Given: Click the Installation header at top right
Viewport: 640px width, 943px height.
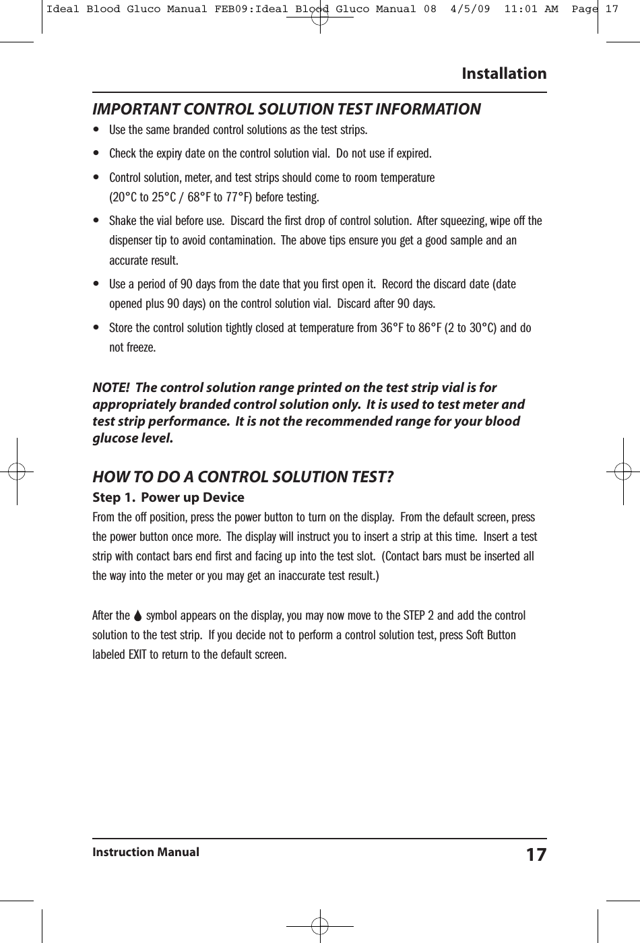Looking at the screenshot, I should pyautogui.click(x=504, y=73).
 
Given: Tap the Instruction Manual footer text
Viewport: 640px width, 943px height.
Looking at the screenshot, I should pyautogui.click(x=146, y=852).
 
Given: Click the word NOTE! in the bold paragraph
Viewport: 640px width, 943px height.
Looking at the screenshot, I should pyautogui.click(x=111, y=388).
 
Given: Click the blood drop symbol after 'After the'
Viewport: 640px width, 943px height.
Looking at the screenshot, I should pyautogui.click(x=138, y=616).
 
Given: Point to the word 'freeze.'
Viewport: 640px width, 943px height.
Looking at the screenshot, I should pyautogui.click(x=141, y=348).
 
